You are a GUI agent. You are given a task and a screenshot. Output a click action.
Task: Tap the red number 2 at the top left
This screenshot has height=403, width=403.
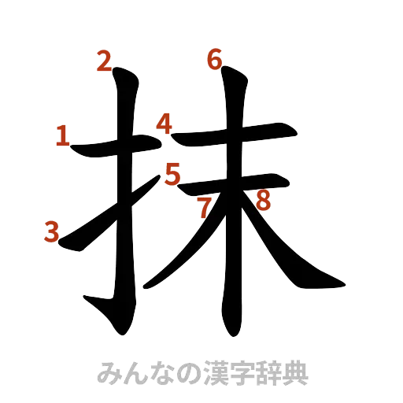pos(103,61)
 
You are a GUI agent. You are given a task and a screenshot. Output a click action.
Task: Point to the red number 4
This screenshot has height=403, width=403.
pos(165,123)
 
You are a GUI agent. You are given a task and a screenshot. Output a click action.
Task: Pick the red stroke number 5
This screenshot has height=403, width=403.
pos(172,172)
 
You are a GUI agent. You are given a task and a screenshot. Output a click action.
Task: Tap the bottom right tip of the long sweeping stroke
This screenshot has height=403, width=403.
pos(340,282)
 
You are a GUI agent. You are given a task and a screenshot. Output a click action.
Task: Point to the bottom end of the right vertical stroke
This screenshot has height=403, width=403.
pos(231,329)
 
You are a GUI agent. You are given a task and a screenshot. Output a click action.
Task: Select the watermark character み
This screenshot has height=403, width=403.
pos(107,372)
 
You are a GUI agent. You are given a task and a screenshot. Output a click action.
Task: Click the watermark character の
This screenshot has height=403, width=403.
pos(183,372)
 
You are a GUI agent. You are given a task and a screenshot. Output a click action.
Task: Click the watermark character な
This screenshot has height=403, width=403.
pos(157,372)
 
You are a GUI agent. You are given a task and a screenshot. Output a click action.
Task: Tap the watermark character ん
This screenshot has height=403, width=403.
pos(132,372)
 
